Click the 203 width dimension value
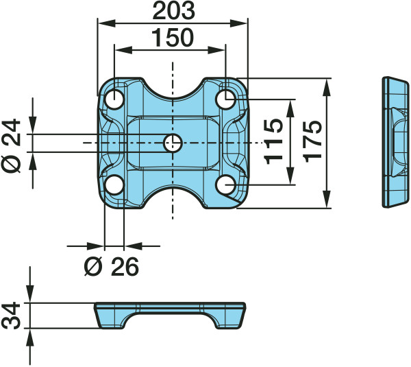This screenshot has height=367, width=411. (x=173, y=11)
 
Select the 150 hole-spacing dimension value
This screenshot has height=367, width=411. (x=173, y=38)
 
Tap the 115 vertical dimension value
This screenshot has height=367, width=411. (x=273, y=142)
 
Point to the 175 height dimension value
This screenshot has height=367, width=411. (x=312, y=141)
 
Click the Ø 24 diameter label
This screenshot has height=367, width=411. (x=11, y=145)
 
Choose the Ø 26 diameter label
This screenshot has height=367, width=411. (x=112, y=267)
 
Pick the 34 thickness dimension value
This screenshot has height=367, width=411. (x=11, y=316)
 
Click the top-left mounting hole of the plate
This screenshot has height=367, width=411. (x=114, y=99)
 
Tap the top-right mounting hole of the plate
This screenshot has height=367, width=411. (x=225, y=99)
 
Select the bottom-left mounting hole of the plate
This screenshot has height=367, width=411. (x=114, y=185)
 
